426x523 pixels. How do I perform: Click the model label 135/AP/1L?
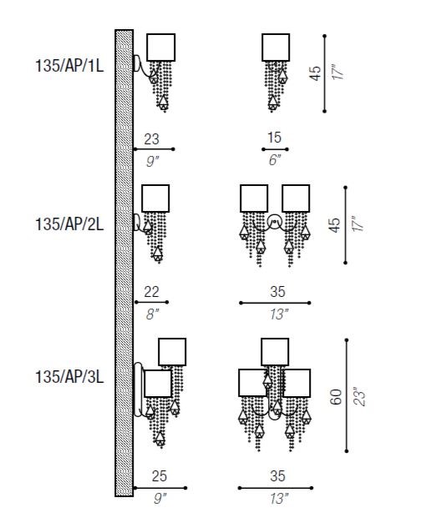[x=69, y=66]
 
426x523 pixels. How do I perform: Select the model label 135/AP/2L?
[x=69, y=224]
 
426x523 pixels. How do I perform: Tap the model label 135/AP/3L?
[x=69, y=377]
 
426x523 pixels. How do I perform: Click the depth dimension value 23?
[x=152, y=139]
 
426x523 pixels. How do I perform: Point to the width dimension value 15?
[x=274, y=138]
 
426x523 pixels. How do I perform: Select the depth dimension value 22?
[x=151, y=292]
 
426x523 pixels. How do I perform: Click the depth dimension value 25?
[x=159, y=476]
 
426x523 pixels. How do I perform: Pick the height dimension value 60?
[x=336, y=396]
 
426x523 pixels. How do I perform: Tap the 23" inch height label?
[x=360, y=396]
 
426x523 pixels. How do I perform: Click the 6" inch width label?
[x=275, y=160]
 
